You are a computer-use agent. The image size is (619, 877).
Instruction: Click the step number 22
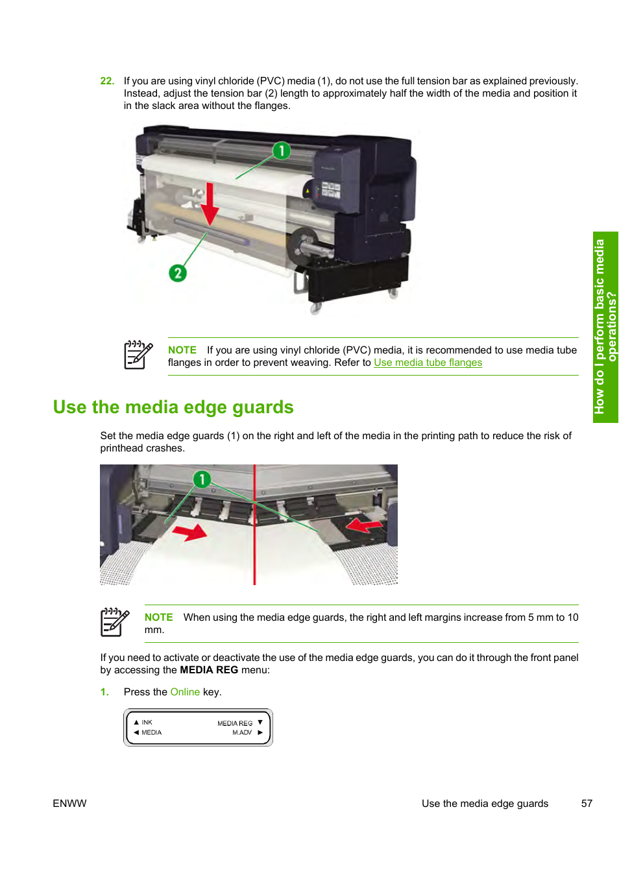pos(107,81)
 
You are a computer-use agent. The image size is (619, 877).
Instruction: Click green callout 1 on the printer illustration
pos(281,150)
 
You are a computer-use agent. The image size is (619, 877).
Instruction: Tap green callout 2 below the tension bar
pos(177,273)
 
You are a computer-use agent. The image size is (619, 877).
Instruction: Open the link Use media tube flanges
pos(428,363)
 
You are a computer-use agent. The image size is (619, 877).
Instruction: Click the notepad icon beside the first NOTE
pos(138,355)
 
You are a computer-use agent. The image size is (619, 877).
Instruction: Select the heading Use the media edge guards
pos(173,407)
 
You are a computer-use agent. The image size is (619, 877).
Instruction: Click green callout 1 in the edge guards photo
pos(202,479)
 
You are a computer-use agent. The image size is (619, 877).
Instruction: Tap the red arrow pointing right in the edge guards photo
pos(189,533)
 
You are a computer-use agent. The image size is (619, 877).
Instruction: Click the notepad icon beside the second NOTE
pos(115,622)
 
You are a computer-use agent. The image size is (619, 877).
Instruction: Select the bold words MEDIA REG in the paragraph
pos(209,670)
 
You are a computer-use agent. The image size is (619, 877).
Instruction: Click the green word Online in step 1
pos(185,692)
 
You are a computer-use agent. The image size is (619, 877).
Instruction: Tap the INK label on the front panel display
pos(147,722)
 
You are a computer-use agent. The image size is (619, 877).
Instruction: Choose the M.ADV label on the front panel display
pos(242,732)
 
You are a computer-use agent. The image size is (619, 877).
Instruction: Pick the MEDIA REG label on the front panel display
pos(235,723)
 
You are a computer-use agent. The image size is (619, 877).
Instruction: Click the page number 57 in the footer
pos(587,804)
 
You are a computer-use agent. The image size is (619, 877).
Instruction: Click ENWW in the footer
pos(69,804)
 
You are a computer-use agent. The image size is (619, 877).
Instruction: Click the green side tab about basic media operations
pos(605,327)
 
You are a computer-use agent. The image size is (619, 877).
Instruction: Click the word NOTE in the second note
pos(158,618)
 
